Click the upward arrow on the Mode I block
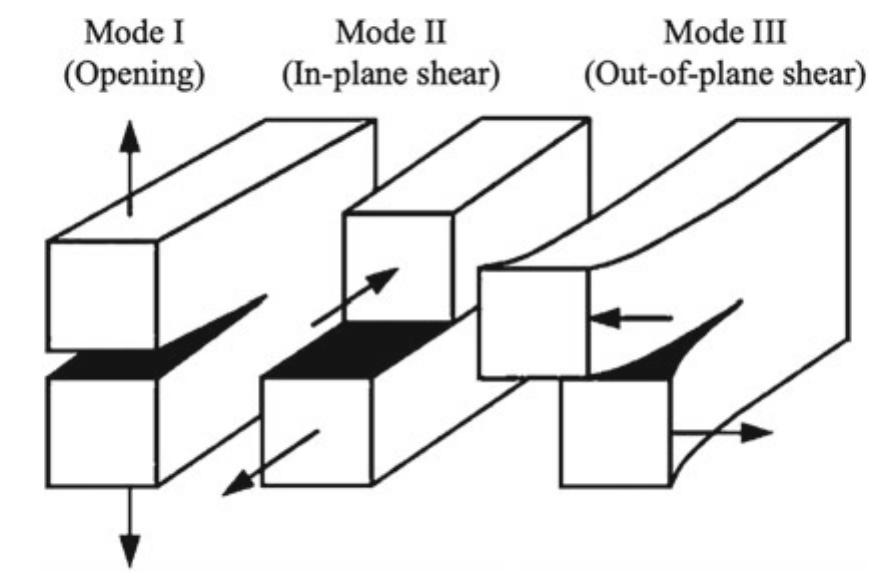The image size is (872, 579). pos(129,170)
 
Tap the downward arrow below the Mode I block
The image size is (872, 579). pos(129,525)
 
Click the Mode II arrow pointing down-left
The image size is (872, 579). pos(270,462)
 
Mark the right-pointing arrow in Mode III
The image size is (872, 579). pos(720,432)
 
